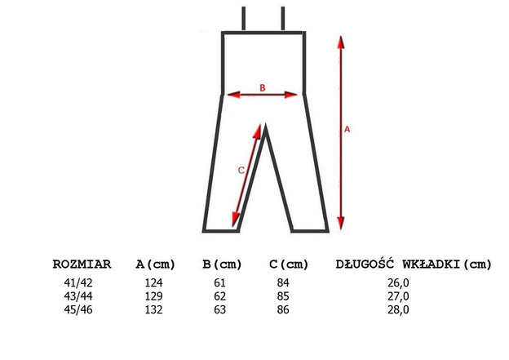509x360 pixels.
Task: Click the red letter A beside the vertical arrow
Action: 347,129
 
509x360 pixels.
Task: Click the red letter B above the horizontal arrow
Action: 262,87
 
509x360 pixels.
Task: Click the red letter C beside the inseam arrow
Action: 240,171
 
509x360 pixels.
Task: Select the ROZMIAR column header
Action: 82,264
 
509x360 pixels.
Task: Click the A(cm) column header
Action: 156,264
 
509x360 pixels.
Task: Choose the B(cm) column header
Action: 223,264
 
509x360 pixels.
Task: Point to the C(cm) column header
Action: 289,264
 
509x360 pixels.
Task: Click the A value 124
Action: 154,283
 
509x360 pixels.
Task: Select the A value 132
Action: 154,309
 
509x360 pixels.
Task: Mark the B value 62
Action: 221,296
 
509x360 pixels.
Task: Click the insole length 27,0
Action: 399,296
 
